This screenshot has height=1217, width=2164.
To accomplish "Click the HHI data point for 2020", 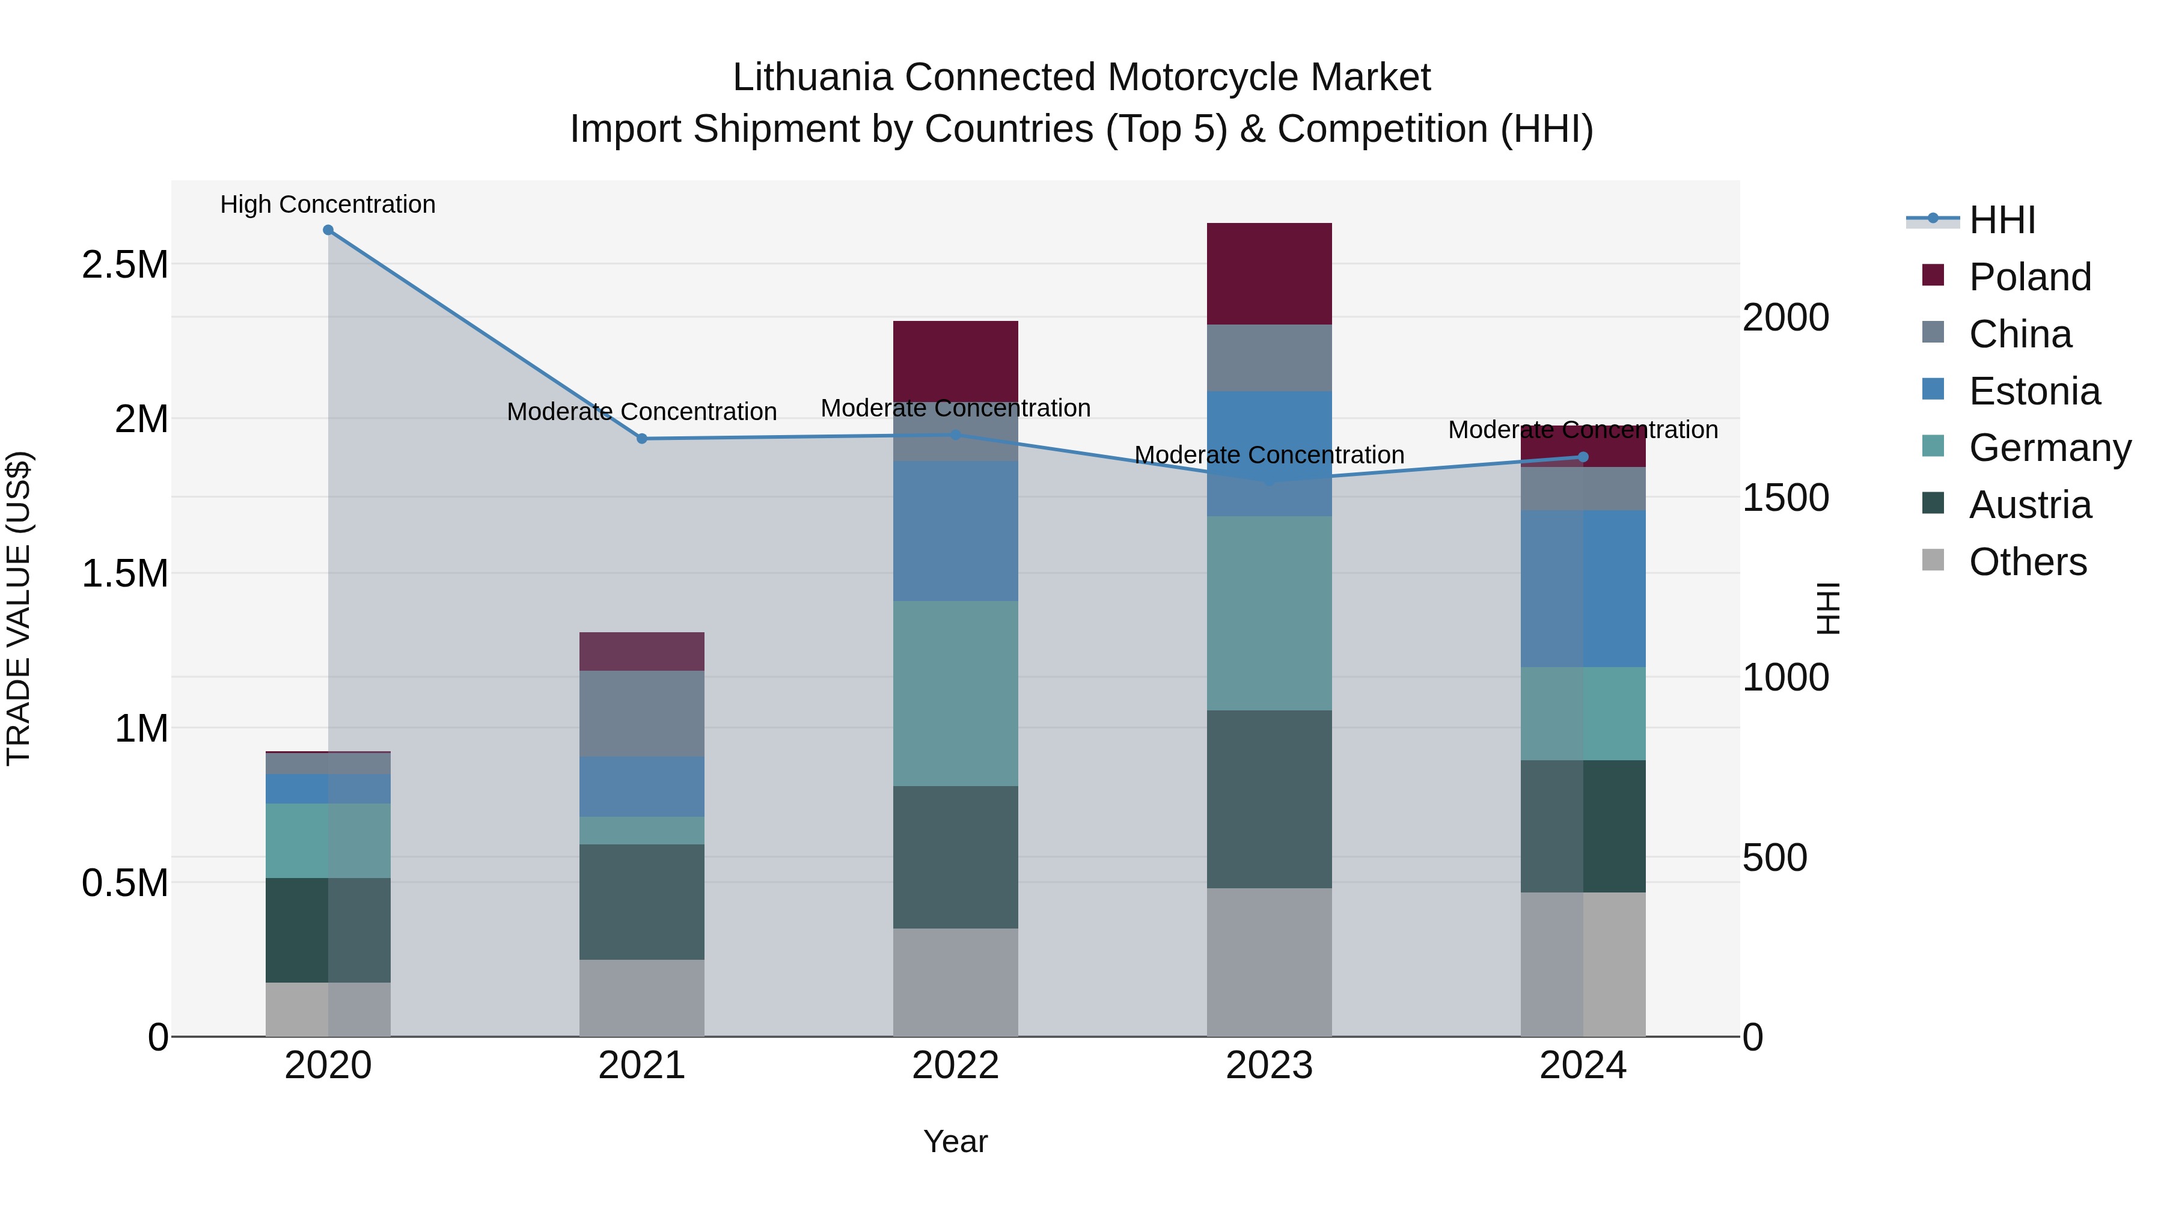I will [328, 230].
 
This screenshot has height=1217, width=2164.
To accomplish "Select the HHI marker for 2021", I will [642, 439].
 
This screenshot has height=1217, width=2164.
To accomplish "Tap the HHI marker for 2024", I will [1583, 457].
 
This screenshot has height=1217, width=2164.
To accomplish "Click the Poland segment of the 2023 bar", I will [1270, 274].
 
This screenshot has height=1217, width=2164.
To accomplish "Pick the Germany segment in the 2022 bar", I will [955, 693].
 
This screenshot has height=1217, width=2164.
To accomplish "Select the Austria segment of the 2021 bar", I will [642, 901].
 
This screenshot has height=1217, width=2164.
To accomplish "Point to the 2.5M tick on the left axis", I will [124, 264].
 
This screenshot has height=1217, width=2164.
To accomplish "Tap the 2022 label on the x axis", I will [955, 1066].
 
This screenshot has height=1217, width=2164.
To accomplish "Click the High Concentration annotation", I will [328, 204].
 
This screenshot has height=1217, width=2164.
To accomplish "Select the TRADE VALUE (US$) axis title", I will [19, 608].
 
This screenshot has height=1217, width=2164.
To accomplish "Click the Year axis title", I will [955, 1141].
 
